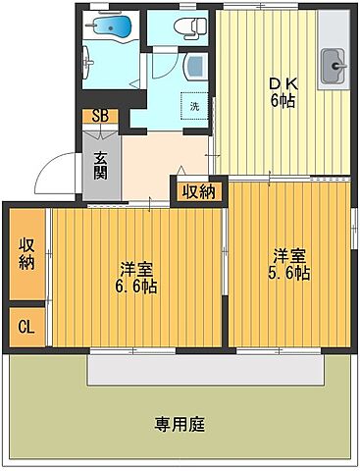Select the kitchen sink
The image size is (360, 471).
coord(335,67)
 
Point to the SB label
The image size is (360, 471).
coord(101,116)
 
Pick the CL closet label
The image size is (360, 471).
coord(26,326)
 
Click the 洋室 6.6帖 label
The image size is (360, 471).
coord(137,278)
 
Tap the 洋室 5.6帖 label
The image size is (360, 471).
coord(289,265)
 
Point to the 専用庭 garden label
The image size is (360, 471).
coord(179,424)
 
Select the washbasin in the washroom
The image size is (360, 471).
coord(193,67)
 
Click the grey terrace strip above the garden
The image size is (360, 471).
coord(206,369)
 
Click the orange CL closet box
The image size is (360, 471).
coord(26,326)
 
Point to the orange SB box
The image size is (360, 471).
coord(101,116)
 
